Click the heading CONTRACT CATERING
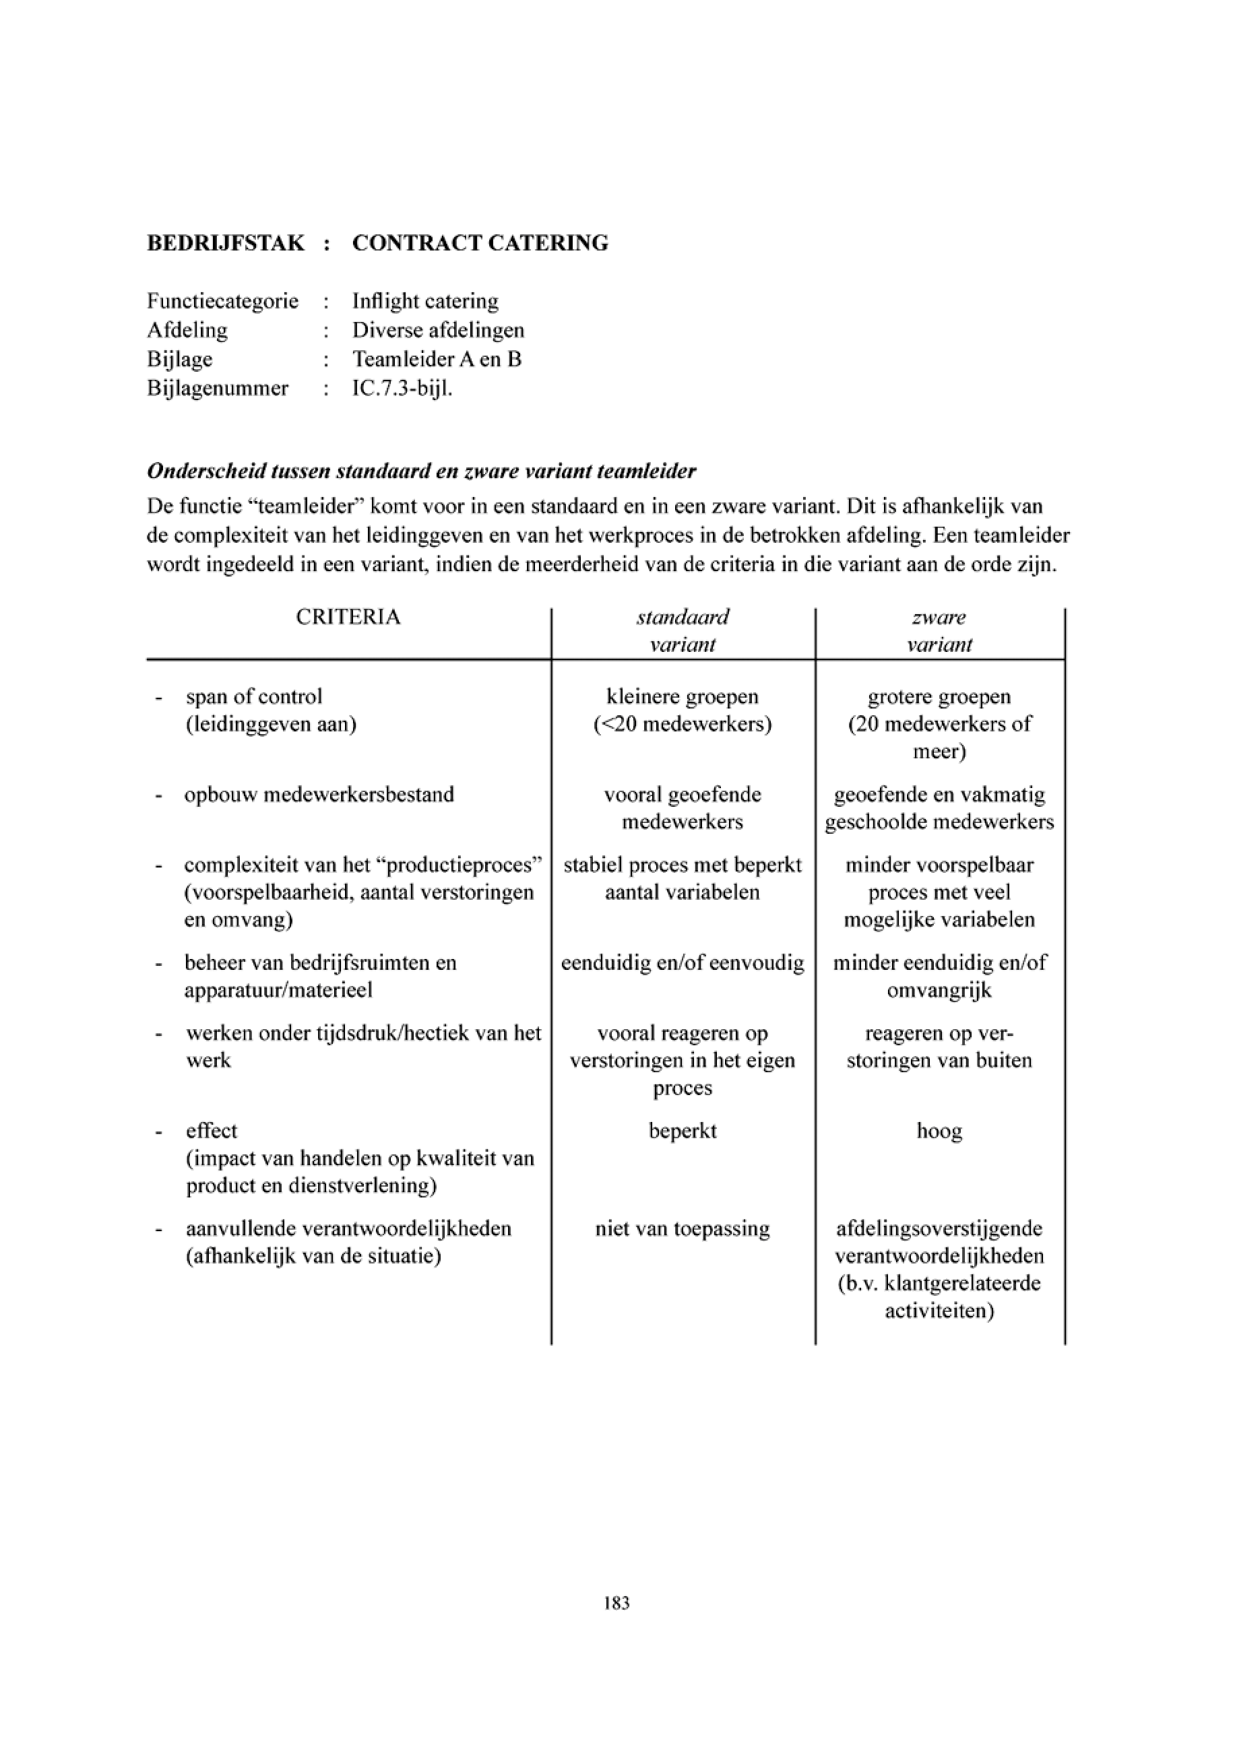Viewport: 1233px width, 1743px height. pos(480,243)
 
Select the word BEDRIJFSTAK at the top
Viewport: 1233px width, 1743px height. pos(226,243)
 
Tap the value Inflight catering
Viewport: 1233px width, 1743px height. pos(425,301)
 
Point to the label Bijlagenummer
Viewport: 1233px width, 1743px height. pos(218,389)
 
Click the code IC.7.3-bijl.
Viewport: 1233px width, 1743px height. pos(402,389)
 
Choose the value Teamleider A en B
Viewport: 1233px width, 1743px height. pos(437,359)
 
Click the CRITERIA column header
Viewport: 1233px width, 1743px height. pos(348,617)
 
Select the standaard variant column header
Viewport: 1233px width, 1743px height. pos(683,631)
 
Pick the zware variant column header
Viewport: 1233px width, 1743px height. pos(939,631)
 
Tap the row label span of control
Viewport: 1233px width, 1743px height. pos(253,697)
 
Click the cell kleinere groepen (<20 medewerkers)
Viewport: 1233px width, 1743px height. pos(683,711)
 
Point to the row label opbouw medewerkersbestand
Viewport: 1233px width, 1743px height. pos(319,795)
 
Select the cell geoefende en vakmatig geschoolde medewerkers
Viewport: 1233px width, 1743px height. pos(939,808)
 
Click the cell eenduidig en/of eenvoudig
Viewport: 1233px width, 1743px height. pos(683,963)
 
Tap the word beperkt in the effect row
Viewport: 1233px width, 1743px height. pos(683,1131)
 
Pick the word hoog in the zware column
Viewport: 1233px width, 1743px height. pos(939,1131)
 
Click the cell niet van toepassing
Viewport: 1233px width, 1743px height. pos(683,1229)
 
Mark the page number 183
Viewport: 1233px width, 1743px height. pos(616,1604)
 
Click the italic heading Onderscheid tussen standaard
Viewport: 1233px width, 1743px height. pos(421,471)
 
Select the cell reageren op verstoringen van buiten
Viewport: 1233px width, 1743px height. pos(939,1047)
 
